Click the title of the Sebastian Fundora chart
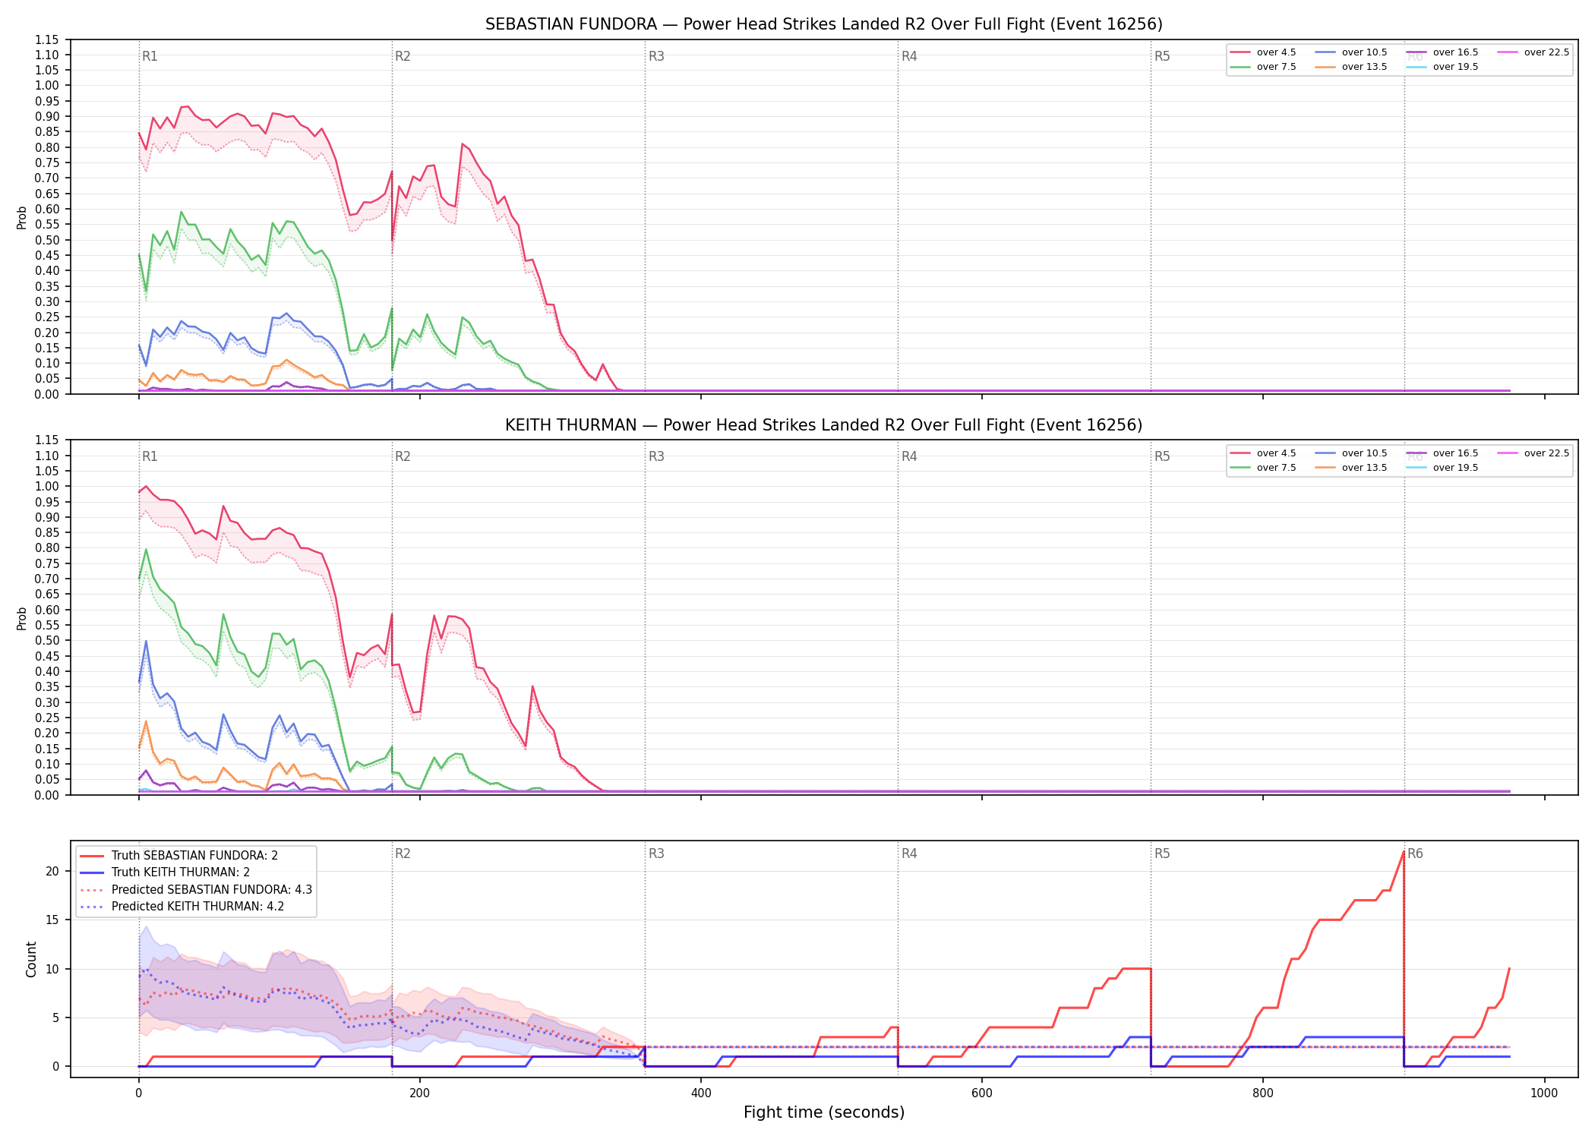(x=824, y=24)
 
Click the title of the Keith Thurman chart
(x=824, y=425)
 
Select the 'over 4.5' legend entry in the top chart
(x=1263, y=52)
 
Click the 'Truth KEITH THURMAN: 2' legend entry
(x=165, y=872)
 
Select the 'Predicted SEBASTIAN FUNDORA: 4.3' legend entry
(x=196, y=889)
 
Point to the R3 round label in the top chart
(x=656, y=56)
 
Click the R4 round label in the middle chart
(x=909, y=456)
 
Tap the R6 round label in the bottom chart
(x=1415, y=853)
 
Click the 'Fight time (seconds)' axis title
(x=824, y=1112)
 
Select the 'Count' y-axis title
(x=31, y=959)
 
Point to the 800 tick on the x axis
(x=1263, y=1093)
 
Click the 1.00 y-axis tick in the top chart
(x=47, y=86)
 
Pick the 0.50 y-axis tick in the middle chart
(x=47, y=641)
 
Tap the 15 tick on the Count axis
(x=52, y=920)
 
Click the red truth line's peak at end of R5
(x=1403, y=852)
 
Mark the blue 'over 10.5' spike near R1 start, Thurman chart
(x=146, y=641)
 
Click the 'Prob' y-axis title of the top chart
(x=22, y=218)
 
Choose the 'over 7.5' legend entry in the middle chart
(x=1263, y=468)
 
